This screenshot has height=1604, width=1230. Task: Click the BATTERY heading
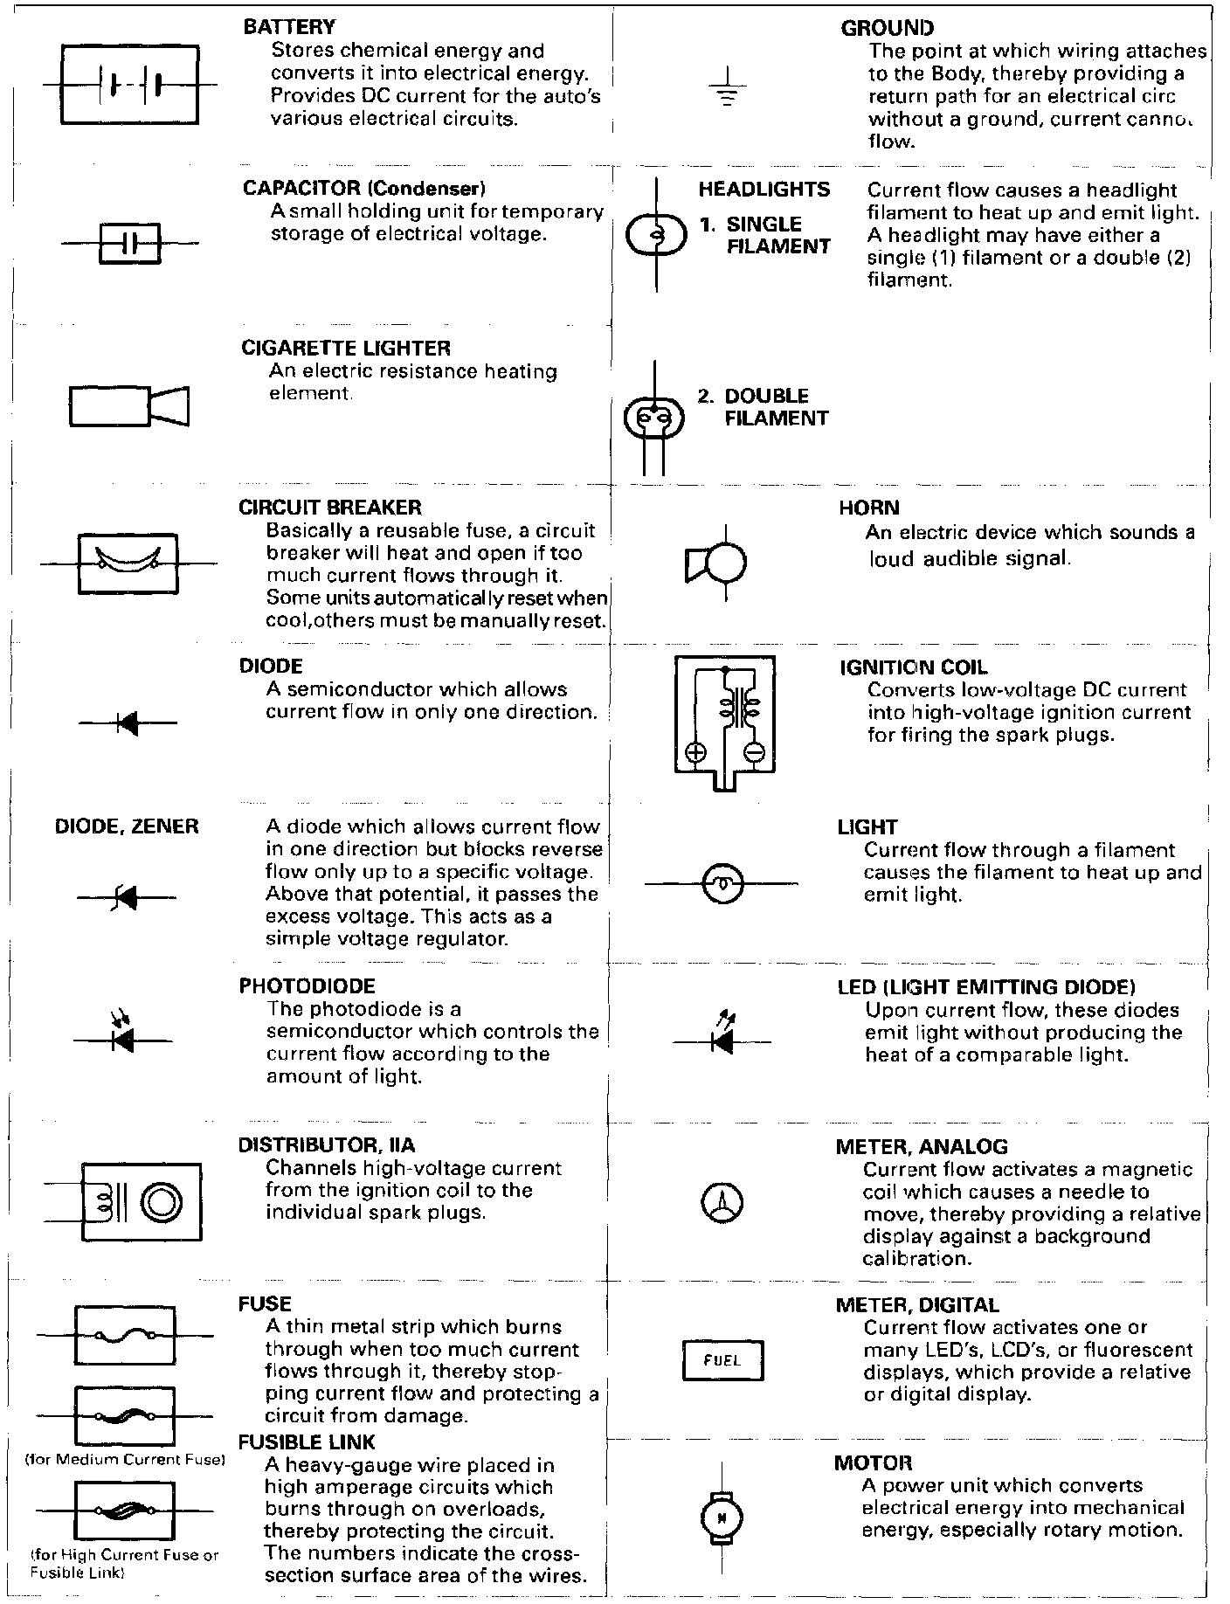(288, 28)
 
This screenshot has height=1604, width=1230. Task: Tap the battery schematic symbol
(130, 85)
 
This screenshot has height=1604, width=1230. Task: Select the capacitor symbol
(130, 243)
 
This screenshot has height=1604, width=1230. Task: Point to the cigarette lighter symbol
(129, 406)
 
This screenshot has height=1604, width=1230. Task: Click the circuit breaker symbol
(128, 563)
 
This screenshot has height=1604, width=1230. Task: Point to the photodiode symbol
(122, 1036)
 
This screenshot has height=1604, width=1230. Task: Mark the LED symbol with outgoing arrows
(722, 1037)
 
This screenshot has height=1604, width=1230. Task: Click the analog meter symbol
(722, 1203)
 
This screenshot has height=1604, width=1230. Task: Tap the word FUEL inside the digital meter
(722, 1360)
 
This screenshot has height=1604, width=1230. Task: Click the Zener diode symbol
(126, 896)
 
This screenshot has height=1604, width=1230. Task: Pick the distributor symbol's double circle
(162, 1202)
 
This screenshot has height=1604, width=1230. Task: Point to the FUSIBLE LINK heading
(307, 1442)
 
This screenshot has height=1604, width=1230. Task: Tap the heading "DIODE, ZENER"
(127, 826)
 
